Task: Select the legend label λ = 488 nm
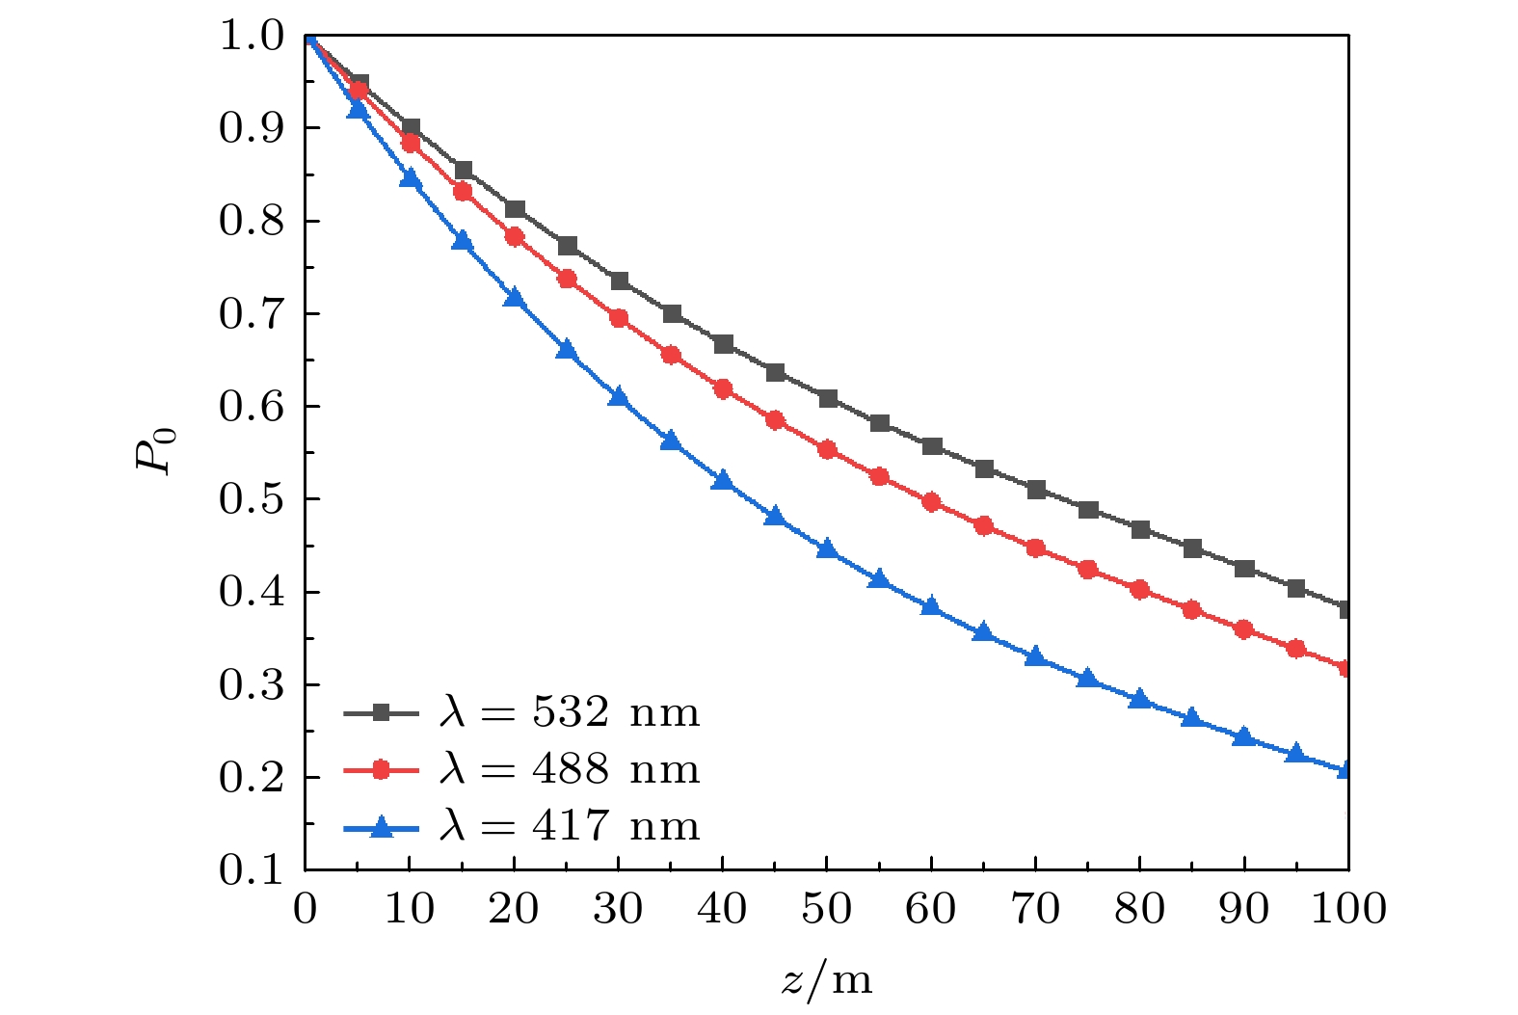(x=569, y=770)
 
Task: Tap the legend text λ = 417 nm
(x=569, y=826)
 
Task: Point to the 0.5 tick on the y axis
(x=252, y=499)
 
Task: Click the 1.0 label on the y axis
(x=252, y=37)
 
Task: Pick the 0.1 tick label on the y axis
(x=252, y=870)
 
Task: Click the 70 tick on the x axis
(x=1035, y=909)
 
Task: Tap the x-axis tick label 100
(x=1348, y=909)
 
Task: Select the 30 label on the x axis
(x=618, y=909)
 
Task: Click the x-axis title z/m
(x=826, y=980)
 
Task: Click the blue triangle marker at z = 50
(x=827, y=549)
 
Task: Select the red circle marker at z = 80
(x=1140, y=590)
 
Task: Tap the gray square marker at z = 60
(x=931, y=446)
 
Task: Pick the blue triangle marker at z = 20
(x=514, y=298)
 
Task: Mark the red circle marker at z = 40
(x=723, y=389)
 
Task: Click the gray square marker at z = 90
(x=1244, y=569)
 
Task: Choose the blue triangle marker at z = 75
(x=1088, y=679)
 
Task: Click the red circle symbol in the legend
(x=381, y=770)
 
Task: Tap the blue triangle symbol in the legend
(x=381, y=826)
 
